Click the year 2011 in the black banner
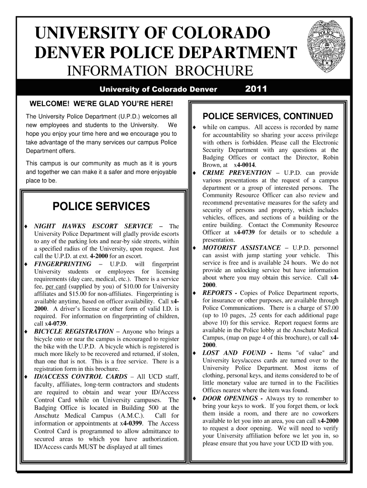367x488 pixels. click(x=255, y=89)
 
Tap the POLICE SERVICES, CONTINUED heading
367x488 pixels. click(x=268, y=117)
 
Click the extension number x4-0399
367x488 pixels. click(x=133, y=423)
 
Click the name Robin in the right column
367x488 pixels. click(x=330, y=157)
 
